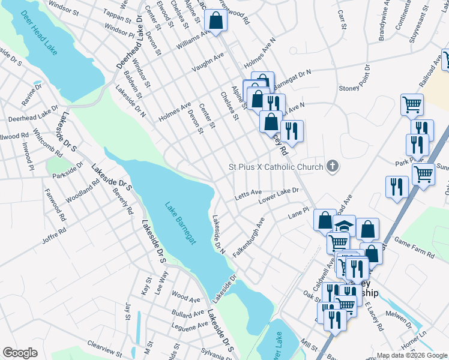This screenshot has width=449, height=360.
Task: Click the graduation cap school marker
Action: tap(344, 227)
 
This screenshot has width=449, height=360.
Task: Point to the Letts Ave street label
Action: tap(248, 194)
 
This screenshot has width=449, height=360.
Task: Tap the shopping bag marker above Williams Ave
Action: tap(215, 20)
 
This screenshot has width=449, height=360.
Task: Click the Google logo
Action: tap(20, 353)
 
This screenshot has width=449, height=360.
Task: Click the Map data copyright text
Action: tap(412, 355)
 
